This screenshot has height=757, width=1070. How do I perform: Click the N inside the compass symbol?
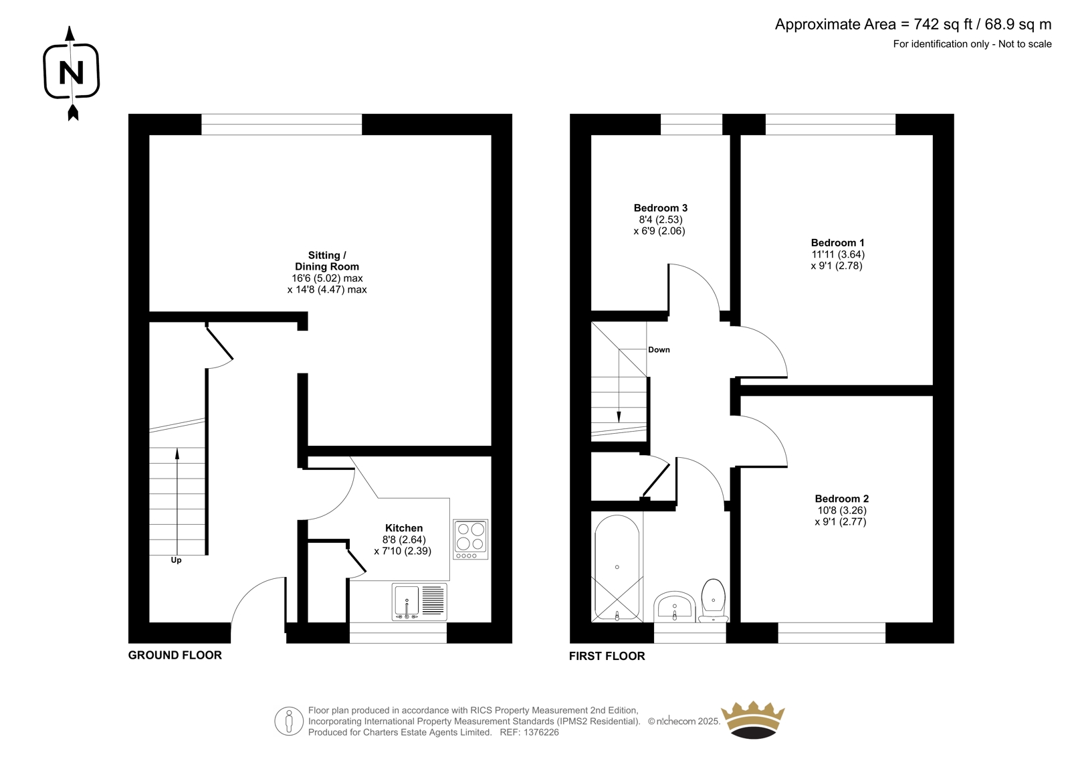[x=71, y=73]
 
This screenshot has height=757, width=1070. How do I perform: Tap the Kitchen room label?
[x=404, y=528]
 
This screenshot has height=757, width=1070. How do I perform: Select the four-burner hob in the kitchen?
[x=471, y=539]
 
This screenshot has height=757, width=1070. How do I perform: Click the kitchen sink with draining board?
[x=419, y=602]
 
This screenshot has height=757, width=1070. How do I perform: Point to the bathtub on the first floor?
[x=617, y=568]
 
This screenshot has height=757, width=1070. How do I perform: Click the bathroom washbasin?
[x=674, y=607]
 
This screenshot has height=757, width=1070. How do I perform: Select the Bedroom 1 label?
[x=837, y=243]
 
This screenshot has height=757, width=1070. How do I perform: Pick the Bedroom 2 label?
[x=842, y=499]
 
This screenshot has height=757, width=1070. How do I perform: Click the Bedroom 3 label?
[x=660, y=208]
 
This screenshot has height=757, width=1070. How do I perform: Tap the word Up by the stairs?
[x=177, y=560]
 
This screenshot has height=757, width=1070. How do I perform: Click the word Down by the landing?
[x=659, y=349]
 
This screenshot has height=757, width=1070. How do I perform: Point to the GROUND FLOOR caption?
[x=175, y=655]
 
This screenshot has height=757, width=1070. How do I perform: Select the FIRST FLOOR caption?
[x=607, y=656]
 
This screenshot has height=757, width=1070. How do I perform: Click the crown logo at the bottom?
[x=753, y=720]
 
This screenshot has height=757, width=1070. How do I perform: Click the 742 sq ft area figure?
[x=943, y=24]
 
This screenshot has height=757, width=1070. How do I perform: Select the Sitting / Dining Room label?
[x=327, y=261]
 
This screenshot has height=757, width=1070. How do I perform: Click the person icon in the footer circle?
[x=288, y=721]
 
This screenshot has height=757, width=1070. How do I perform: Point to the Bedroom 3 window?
[x=691, y=124]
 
